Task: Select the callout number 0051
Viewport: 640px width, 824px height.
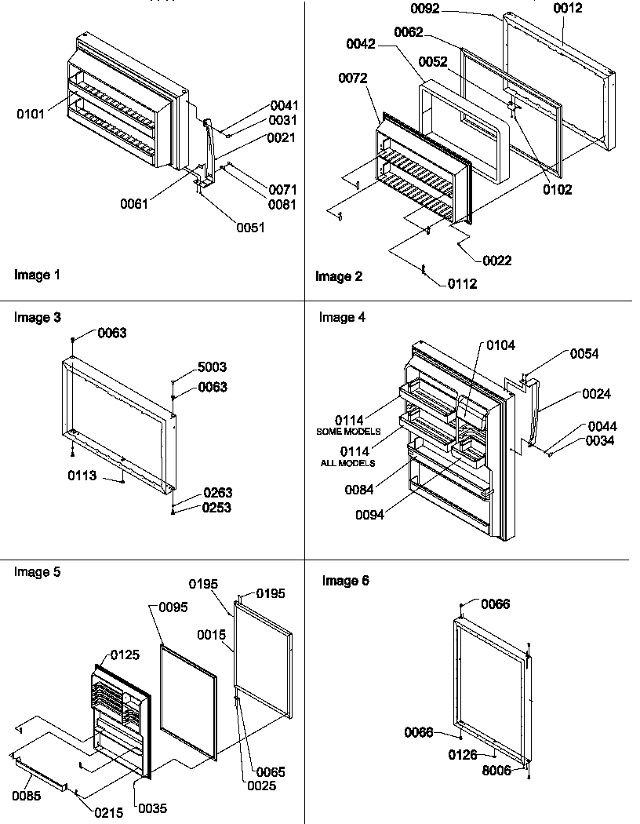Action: (251, 228)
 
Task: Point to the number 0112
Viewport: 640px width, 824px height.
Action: (463, 284)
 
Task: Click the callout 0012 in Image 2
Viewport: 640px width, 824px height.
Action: (568, 9)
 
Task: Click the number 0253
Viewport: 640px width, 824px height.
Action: (217, 508)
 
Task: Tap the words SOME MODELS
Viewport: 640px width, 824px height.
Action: (347, 432)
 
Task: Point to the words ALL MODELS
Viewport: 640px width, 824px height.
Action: (347, 463)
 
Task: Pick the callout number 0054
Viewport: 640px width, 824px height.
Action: (584, 354)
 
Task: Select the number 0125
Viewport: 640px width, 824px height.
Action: (125, 654)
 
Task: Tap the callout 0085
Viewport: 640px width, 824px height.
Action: (27, 796)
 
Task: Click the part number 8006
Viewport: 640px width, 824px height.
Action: (497, 771)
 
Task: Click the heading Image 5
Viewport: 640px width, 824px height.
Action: (37, 571)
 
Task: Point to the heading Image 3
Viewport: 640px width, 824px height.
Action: (37, 317)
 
